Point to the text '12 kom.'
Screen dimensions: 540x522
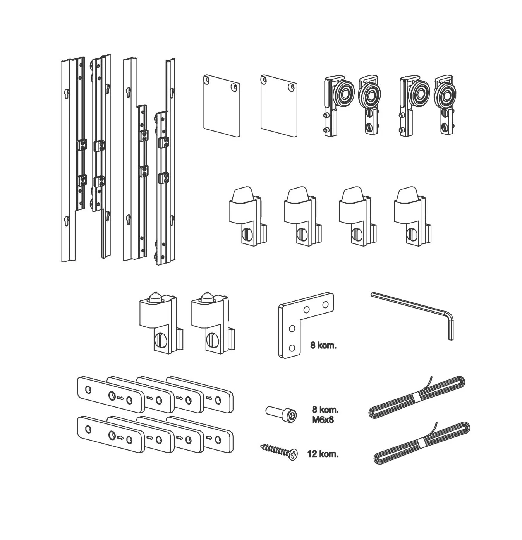coord(322,454)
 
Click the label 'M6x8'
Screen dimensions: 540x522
coord(323,419)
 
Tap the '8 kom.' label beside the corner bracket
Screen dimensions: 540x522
coord(323,346)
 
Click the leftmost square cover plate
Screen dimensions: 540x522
coord(220,105)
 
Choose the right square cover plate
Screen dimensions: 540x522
coord(279,105)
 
